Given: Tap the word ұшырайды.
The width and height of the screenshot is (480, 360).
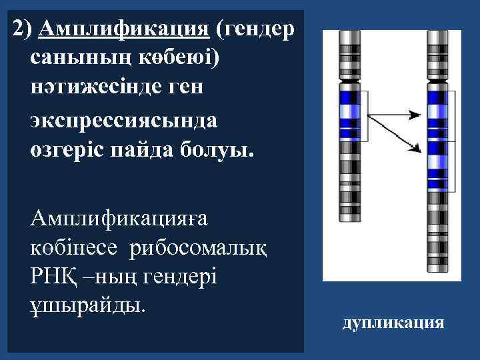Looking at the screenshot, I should [x=87, y=306].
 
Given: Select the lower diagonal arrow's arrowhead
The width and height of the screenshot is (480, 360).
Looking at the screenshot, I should [x=416, y=145].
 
